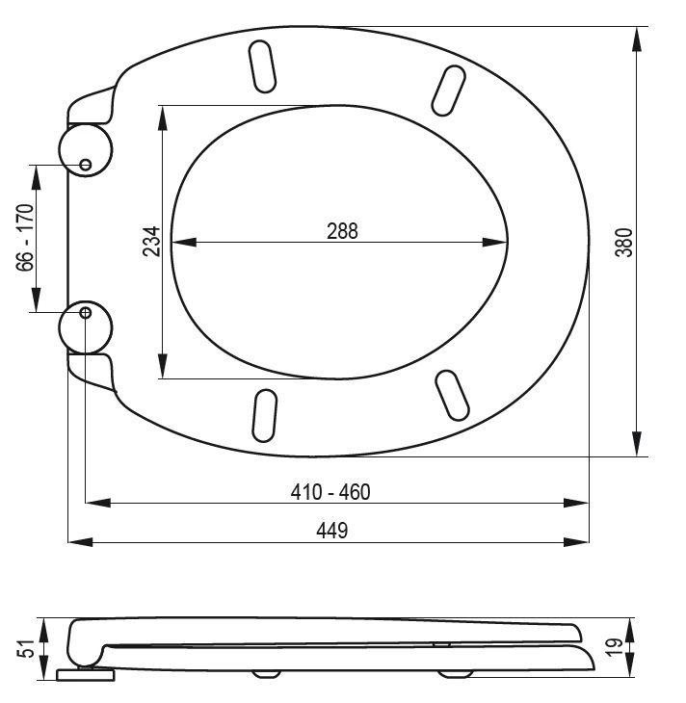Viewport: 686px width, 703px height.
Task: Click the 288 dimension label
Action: pyautogui.click(x=342, y=231)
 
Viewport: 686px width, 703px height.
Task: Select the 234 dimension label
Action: pyautogui.click(x=151, y=241)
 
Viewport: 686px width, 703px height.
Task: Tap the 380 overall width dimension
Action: pyautogui.click(x=623, y=243)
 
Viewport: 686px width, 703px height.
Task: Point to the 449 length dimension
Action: pyautogui.click(x=332, y=531)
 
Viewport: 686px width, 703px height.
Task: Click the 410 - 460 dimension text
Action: pyautogui.click(x=330, y=492)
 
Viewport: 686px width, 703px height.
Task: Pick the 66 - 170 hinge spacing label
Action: pyautogui.click(x=25, y=238)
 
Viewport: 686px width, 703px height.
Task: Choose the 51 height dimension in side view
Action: pyautogui.click(x=26, y=648)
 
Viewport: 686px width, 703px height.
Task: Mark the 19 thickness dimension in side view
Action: pyautogui.click(x=614, y=647)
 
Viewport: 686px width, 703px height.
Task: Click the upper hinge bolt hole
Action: pyautogui.click(x=85, y=165)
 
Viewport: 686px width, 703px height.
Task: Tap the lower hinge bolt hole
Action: pyautogui.click(x=85, y=312)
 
